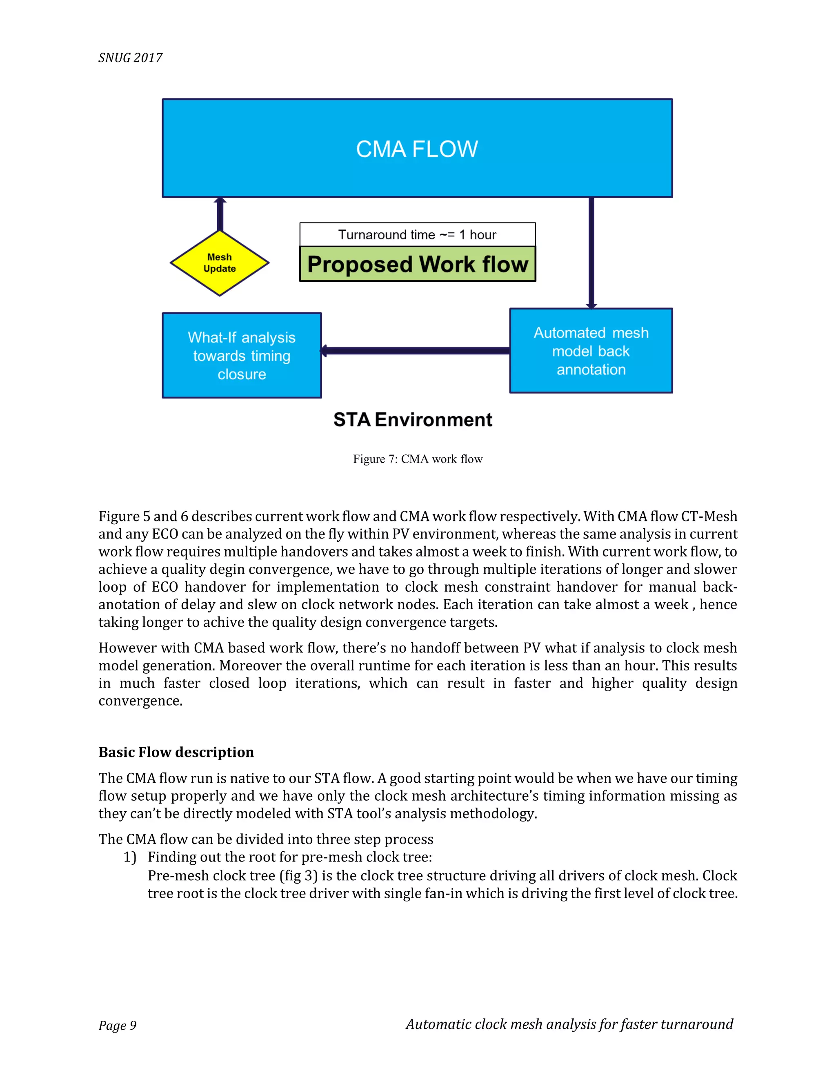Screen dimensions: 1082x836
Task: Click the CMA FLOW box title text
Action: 417,149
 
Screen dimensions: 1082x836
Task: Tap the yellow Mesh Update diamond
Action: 219,263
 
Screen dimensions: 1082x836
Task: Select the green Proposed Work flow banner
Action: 418,264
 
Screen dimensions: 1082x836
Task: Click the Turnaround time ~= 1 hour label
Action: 418,235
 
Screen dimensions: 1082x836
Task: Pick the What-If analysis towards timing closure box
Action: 242,355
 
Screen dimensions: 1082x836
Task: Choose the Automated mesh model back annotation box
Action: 591,351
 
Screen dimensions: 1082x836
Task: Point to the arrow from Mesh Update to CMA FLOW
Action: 220,214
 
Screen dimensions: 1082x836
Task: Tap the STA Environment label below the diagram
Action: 413,420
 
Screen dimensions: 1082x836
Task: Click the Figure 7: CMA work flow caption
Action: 418,459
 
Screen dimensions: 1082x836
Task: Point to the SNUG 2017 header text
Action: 130,58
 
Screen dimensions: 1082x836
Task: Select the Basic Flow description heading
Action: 176,752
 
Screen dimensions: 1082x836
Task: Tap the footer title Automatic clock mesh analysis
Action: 569,1024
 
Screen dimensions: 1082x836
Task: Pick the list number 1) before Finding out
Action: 130,857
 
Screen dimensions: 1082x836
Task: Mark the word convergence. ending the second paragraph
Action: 141,701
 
